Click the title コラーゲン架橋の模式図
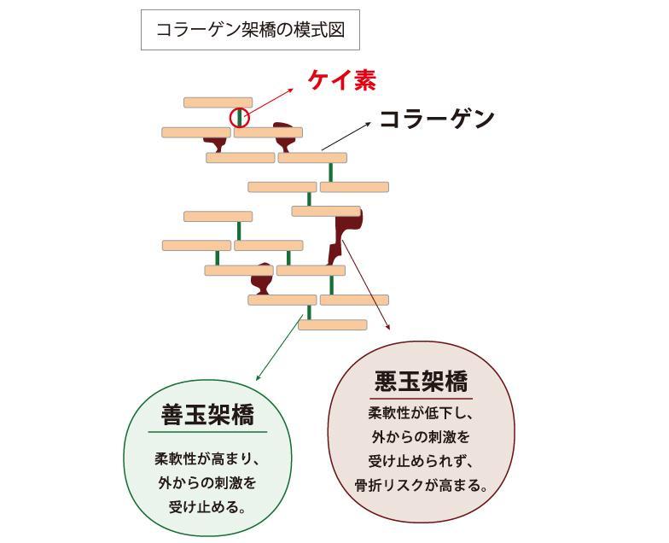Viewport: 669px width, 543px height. point(250,30)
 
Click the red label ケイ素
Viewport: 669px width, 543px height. point(342,80)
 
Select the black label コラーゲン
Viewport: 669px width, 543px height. point(436,119)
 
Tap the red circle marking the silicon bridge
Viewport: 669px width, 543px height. point(240,117)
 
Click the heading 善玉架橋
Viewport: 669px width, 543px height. point(208,415)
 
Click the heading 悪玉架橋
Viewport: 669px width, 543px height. point(422,381)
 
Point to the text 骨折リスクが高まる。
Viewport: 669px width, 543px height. point(422,487)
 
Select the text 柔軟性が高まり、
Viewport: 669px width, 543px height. point(207,458)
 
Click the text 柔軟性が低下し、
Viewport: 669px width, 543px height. point(421,413)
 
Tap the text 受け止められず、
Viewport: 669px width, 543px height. point(421,462)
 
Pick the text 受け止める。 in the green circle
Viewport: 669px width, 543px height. point(207,506)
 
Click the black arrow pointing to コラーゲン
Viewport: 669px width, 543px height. point(346,136)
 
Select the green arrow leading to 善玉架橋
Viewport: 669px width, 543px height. point(278,350)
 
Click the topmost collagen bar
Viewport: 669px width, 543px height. point(218,102)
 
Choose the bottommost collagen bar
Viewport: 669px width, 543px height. point(332,324)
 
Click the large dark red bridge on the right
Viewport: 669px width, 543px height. point(346,234)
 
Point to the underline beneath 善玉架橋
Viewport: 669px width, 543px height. point(208,432)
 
